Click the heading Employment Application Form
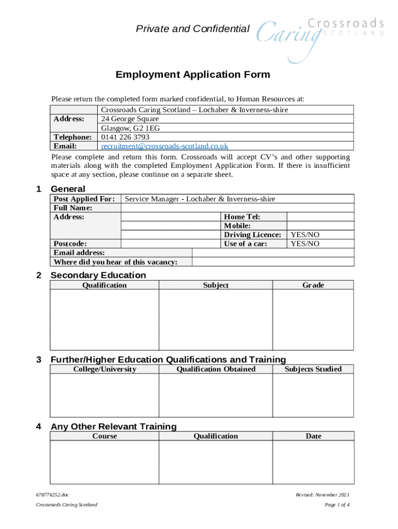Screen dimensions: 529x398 [193, 74]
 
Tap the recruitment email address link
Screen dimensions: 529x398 [164, 146]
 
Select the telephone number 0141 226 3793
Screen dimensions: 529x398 [125, 137]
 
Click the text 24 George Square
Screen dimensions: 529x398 [130, 119]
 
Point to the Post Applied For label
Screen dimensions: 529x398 [84, 199]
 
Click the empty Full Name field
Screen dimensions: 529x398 [237, 208]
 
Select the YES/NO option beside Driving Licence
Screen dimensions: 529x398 [305, 235]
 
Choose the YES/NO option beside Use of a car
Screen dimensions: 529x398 [305, 244]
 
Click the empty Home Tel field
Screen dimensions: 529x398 [320, 217]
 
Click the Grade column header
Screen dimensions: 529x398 [313, 285]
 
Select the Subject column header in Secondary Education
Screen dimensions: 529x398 [216, 285]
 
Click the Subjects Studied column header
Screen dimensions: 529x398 [313, 369]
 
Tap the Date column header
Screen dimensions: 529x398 [313, 436]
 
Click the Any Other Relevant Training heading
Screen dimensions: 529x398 [114, 426]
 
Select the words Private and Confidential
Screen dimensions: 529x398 [192, 29]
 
